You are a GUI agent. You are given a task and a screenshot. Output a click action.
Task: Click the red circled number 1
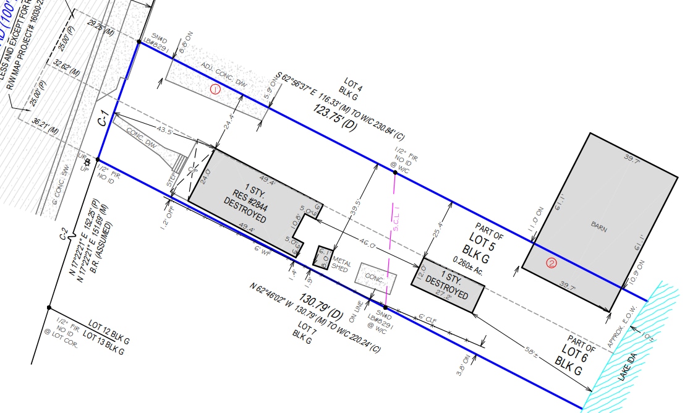tap(216, 89)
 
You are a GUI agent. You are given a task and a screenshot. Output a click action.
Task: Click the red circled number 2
tap(552, 263)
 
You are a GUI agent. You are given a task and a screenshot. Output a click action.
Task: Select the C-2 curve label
tap(63, 234)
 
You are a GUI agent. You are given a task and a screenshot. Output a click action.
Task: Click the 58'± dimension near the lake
tap(530, 352)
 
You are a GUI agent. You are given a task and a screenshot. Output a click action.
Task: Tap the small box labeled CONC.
tap(375, 279)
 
